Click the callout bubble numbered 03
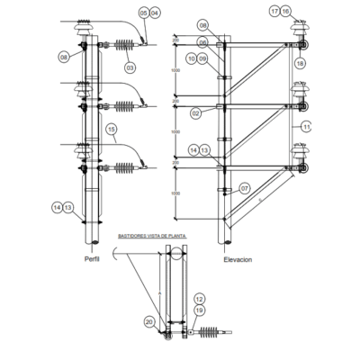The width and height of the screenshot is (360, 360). click(130, 67)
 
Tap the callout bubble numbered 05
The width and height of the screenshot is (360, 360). click(143, 13)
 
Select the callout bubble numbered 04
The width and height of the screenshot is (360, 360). click(154, 13)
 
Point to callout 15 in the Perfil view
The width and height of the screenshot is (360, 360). click(112, 130)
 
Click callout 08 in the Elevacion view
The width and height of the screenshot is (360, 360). click(202, 24)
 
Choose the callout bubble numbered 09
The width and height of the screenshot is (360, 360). click(203, 58)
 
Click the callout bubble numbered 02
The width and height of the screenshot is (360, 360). click(195, 113)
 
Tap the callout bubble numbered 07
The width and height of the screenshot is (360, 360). click(242, 189)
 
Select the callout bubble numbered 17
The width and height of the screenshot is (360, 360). click(274, 12)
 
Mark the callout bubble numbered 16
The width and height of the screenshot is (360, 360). click(285, 12)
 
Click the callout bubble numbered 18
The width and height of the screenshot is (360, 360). click(301, 63)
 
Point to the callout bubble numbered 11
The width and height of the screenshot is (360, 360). click(306, 126)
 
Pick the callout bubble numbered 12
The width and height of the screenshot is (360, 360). click(200, 298)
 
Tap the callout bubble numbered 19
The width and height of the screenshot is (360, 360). click(200, 310)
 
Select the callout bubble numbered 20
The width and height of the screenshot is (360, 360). click(149, 320)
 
